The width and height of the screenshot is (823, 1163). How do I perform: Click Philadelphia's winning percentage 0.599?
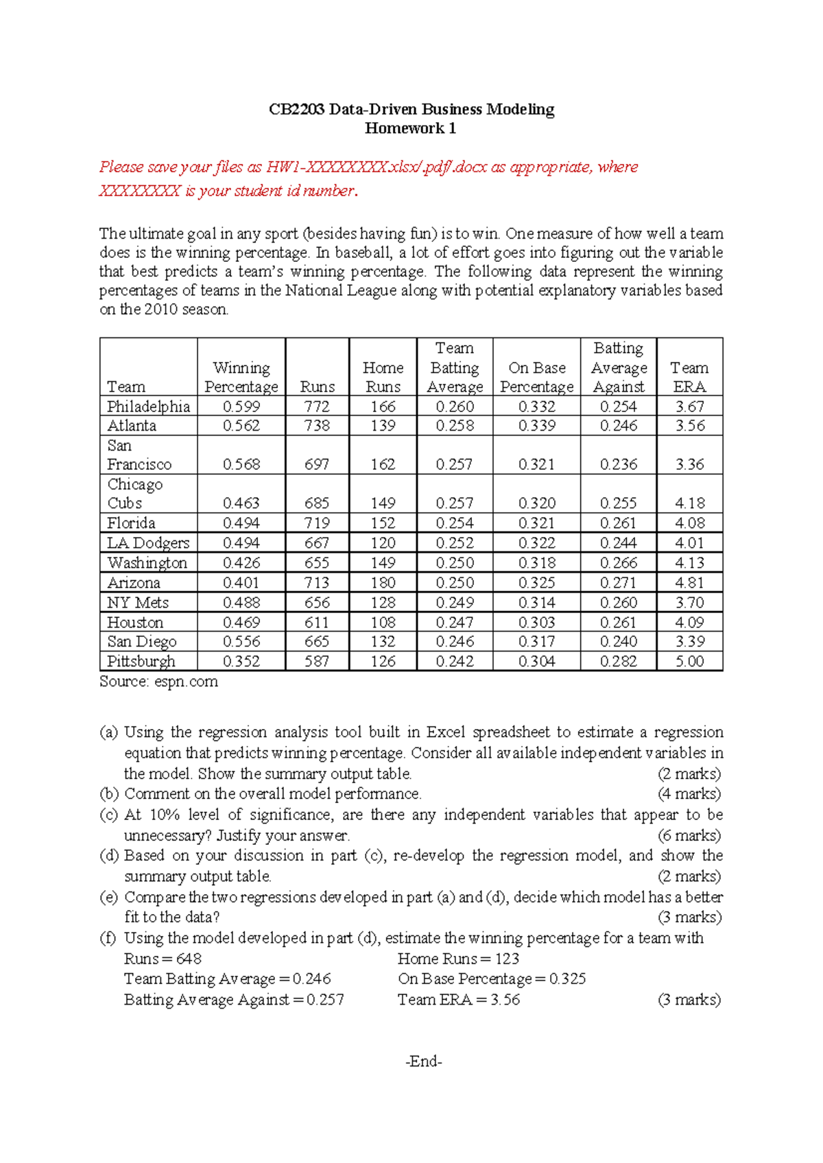click(x=241, y=407)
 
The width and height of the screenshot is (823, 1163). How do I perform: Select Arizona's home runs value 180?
click(x=383, y=583)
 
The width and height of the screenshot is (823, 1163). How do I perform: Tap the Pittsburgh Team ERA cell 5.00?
click(x=689, y=662)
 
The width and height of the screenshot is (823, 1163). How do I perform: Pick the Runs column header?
click(x=317, y=387)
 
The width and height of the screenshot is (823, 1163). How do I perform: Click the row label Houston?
click(x=135, y=623)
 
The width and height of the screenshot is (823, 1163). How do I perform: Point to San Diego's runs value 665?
click(x=317, y=642)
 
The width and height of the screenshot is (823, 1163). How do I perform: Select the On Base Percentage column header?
click(x=536, y=377)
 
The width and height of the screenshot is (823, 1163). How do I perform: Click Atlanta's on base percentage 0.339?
click(x=536, y=426)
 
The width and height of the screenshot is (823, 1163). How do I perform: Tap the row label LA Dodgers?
click(x=147, y=543)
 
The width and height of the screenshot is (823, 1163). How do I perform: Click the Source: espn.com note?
click(x=158, y=682)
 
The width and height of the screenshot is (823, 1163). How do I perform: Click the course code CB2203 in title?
click(x=296, y=110)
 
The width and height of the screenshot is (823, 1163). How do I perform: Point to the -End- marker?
click(x=424, y=1062)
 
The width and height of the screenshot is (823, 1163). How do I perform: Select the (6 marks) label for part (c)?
click(x=689, y=835)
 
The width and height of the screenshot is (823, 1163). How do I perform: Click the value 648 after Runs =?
click(x=189, y=959)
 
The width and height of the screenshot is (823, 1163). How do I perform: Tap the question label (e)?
click(x=108, y=897)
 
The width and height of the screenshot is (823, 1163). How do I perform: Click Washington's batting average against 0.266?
click(x=618, y=563)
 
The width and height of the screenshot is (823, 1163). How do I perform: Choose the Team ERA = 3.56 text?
click(x=458, y=1000)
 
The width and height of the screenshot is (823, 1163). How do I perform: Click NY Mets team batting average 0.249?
click(x=454, y=603)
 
